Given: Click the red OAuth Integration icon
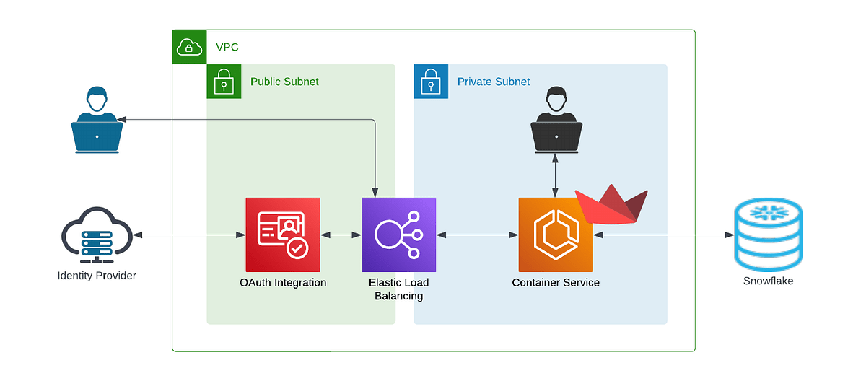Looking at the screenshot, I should [x=283, y=235].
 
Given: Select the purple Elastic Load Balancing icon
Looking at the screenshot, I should [x=398, y=235].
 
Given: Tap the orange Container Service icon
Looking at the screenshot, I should [x=556, y=235].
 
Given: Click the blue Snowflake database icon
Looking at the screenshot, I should [x=768, y=235].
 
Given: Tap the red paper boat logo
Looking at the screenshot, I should [x=612, y=204].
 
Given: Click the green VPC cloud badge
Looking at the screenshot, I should [x=189, y=48].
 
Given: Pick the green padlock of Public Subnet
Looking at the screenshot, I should [x=224, y=82].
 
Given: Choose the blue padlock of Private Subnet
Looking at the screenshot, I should [x=431, y=82].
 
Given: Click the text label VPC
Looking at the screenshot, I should [x=227, y=48].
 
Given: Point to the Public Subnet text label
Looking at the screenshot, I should [x=284, y=82].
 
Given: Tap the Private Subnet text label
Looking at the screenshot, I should [x=494, y=82].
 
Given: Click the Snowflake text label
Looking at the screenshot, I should [x=768, y=281].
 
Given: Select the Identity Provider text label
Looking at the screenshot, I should [x=97, y=275].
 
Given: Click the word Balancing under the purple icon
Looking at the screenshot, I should [x=398, y=296].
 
